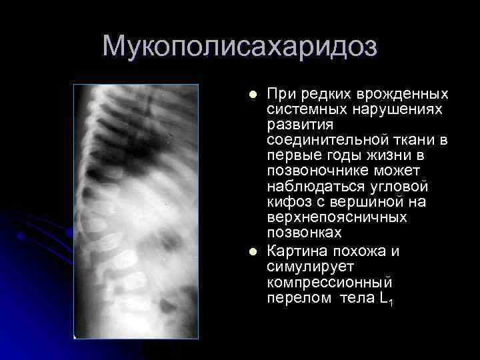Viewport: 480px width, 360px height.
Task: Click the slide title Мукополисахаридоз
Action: point(240,46)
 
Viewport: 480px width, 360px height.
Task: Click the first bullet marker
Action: point(251,93)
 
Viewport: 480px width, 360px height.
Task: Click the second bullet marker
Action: point(251,252)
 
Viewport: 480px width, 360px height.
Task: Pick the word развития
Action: point(296,124)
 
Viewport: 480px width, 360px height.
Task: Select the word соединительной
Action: point(325,139)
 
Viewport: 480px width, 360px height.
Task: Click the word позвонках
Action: point(304,233)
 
